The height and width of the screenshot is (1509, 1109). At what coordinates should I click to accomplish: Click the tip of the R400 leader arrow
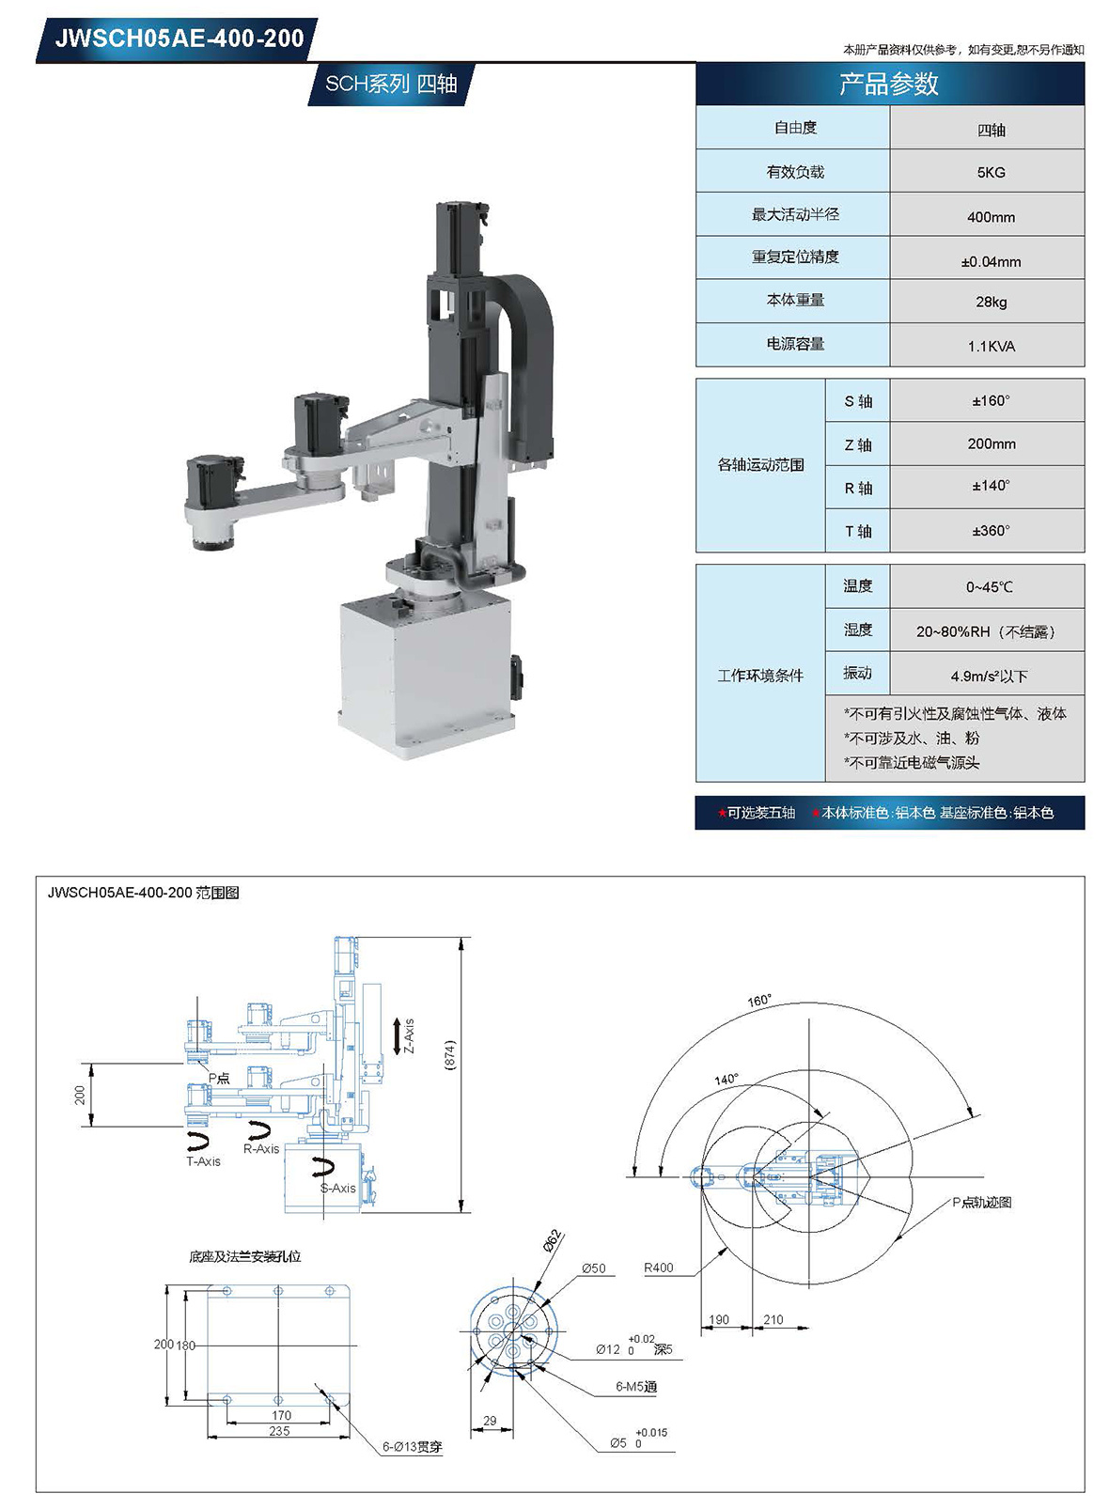coord(728,1247)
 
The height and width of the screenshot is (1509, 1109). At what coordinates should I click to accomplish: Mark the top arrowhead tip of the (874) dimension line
coord(461,937)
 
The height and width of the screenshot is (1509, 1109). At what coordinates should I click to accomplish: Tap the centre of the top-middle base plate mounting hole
coord(278,1290)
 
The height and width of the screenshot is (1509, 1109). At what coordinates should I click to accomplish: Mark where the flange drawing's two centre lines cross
coord(513,1331)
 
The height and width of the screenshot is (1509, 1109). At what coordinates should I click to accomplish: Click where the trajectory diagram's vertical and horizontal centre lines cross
coord(809,1177)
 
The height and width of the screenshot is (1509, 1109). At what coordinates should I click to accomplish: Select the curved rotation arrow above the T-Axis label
coord(198,1139)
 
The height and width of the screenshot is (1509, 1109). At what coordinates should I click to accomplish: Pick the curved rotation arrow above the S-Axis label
coord(323,1167)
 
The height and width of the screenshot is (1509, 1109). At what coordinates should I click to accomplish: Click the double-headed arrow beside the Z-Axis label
coord(397,1036)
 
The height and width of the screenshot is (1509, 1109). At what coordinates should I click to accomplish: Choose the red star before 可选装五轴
coord(722,813)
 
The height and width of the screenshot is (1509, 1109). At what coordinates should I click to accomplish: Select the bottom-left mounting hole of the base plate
coord(227,1399)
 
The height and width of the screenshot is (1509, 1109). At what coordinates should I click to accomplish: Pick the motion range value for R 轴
coord(991,486)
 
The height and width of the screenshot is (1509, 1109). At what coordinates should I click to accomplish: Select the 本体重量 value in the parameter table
coord(991,302)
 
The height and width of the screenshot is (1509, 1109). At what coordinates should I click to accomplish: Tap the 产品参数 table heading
coord(889,84)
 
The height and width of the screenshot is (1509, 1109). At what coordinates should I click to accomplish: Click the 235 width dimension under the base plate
coord(279,1431)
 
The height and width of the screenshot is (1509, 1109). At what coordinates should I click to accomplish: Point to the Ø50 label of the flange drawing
coord(594,1268)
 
